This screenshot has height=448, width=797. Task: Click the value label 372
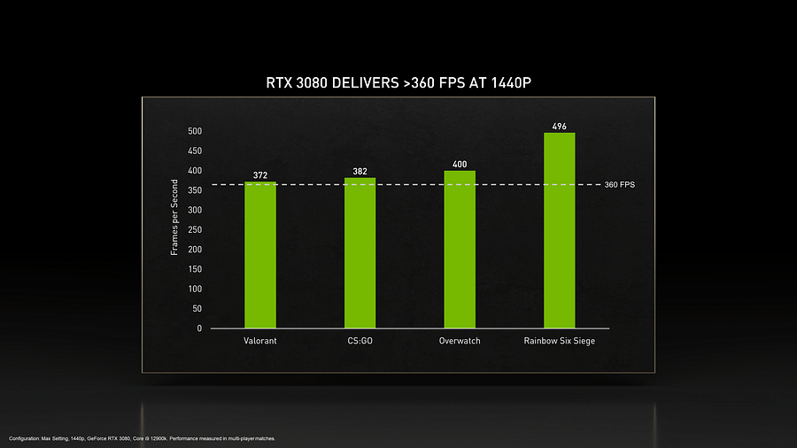click(260, 175)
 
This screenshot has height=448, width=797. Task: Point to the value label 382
click(360, 171)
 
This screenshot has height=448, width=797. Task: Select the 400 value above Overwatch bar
click(460, 165)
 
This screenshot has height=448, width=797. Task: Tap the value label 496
click(559, 127)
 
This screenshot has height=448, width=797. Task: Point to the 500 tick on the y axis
click(194, 131)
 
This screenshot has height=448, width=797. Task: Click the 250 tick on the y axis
click(194, 230)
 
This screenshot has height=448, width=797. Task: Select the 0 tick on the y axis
click(199, 328)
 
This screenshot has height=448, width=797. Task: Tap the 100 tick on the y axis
click(194, 290)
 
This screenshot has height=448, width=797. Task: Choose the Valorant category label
click(260, 342)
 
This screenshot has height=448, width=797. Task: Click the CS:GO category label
click(360, 342)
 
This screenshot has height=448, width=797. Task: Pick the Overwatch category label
click(460, 342)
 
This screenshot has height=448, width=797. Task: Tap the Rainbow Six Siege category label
click(559, 342)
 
